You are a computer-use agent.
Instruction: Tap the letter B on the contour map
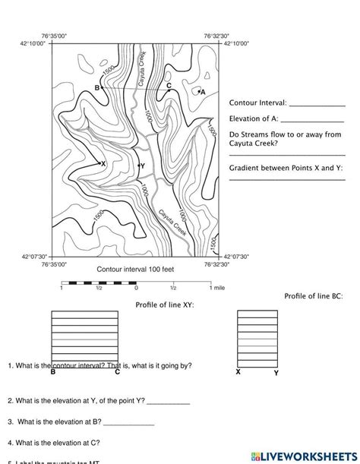97,88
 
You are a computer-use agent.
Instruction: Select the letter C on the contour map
169,86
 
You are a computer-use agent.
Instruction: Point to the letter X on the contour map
103,163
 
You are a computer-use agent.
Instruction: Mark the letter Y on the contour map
142,166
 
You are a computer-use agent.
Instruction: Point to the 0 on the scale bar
136,289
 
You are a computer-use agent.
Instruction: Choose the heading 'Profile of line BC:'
312,295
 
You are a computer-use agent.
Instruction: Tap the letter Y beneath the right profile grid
276,374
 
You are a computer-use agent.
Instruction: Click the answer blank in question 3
129,422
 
